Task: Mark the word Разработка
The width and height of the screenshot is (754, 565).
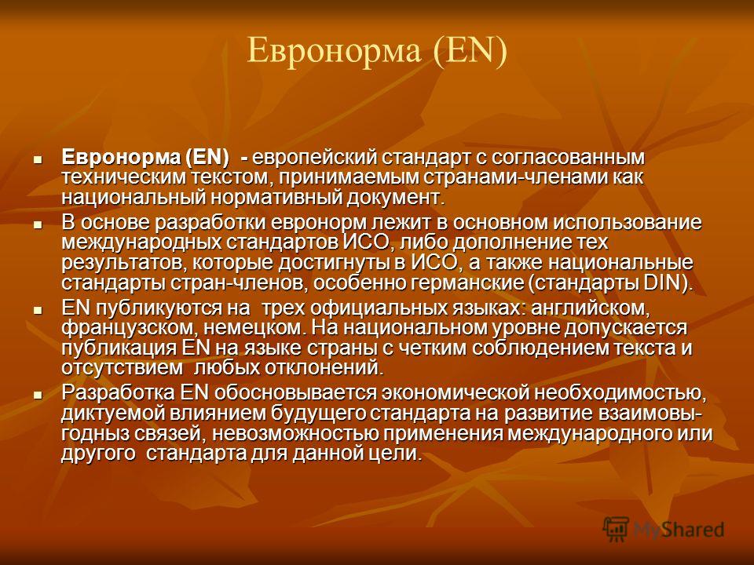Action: (119, 393)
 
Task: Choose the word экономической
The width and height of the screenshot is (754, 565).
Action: (455, 393)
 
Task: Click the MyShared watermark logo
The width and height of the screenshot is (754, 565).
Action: (664, 529)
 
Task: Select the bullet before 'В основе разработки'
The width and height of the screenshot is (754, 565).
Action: (38, 224)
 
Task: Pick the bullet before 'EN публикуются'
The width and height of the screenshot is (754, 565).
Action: (38, 309)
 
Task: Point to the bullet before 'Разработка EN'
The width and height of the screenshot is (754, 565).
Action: (38, 395)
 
